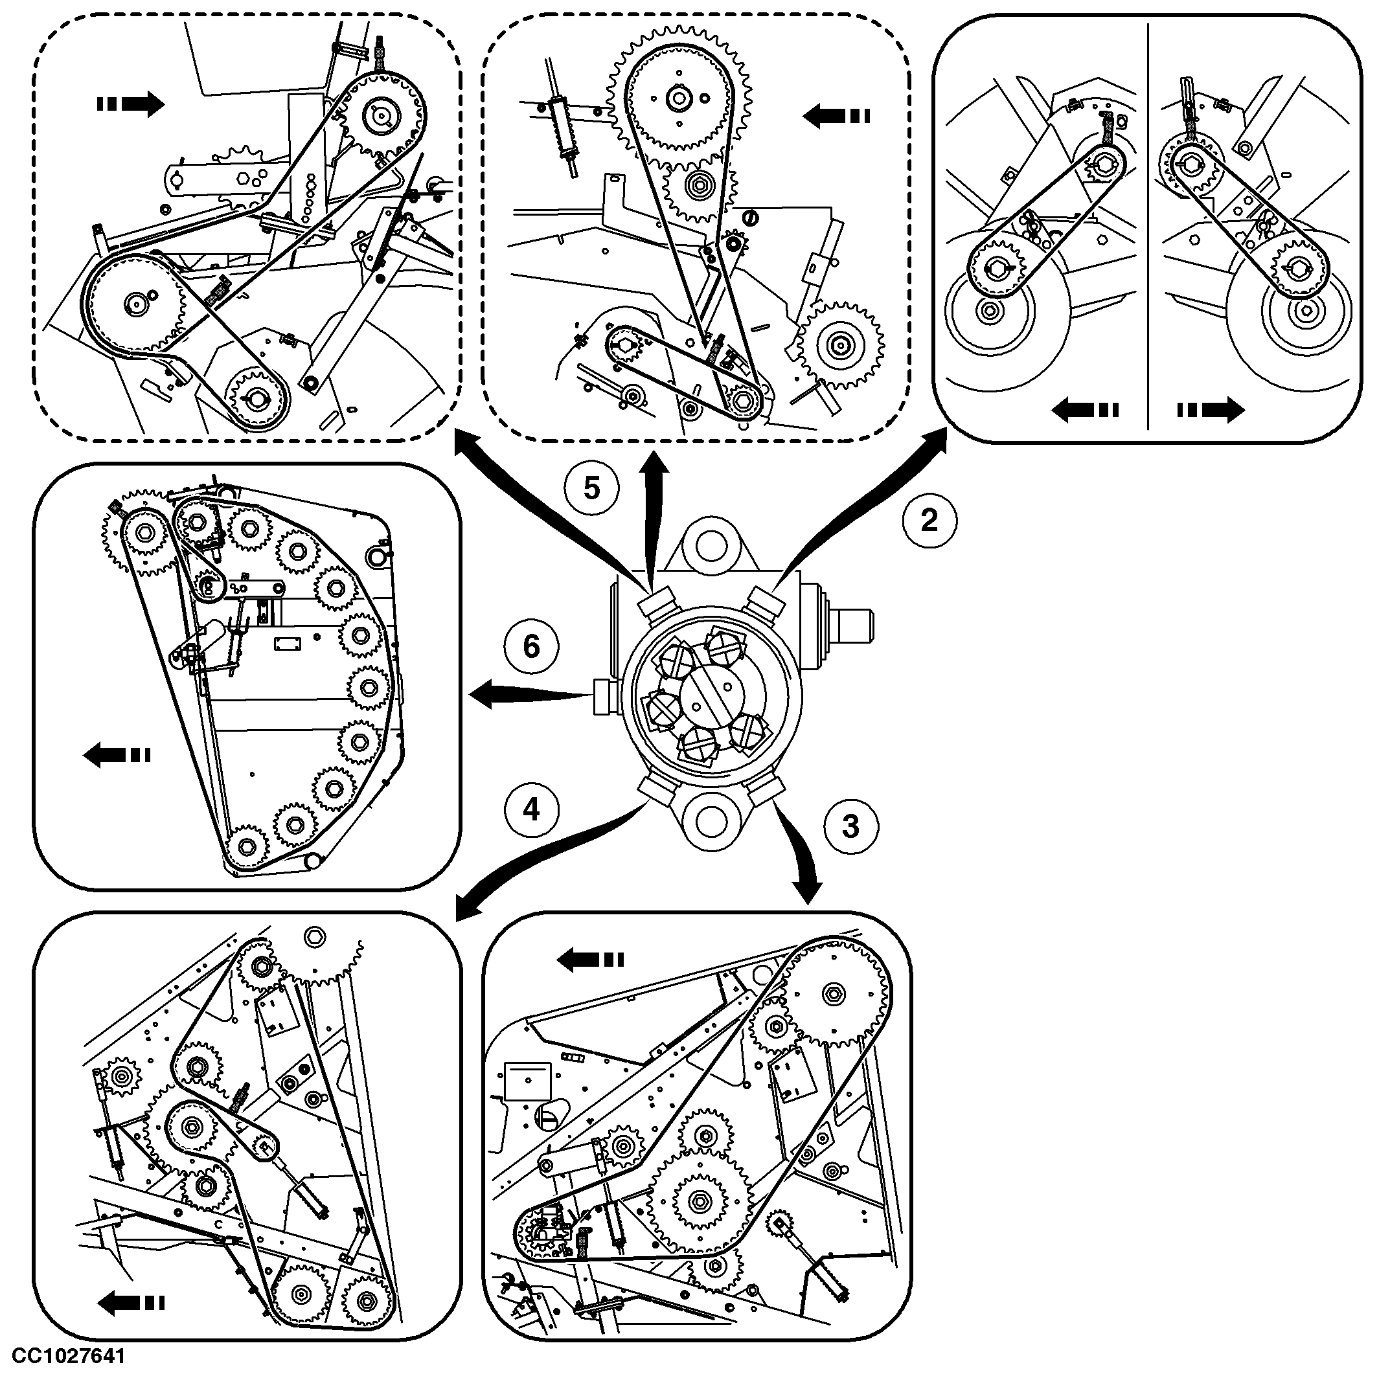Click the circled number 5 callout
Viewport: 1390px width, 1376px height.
coord(591,488)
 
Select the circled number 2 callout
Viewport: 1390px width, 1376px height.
coord(929,520)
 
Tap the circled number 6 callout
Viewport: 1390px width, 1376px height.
coord(531,646)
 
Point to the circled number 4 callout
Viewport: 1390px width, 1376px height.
coord(531,810)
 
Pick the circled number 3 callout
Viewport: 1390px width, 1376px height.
coord(850,826)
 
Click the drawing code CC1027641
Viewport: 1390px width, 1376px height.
coord(69,1356)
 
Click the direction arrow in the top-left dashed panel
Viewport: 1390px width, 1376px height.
coord(130,104)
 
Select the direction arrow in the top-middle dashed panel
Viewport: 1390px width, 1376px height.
coord(836,115)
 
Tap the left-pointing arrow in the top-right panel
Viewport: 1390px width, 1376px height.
coord(1085,410)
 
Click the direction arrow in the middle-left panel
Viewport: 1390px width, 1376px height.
coord(117,755)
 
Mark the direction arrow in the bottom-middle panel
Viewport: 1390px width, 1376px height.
coord(591,960)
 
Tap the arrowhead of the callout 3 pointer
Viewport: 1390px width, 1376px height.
coord(810,892)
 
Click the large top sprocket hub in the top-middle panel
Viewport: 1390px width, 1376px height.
coord(678,98)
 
